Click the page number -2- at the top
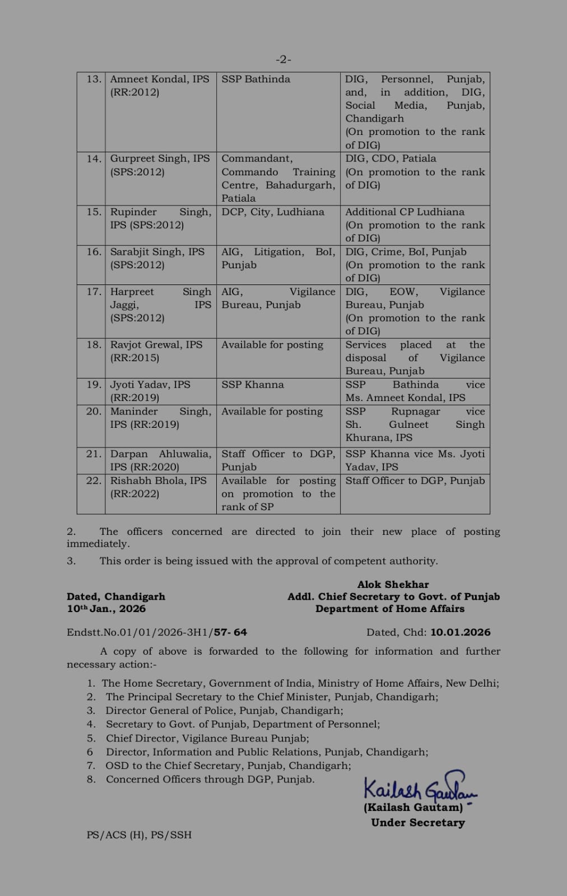283,59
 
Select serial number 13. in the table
94,79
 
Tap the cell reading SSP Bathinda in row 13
256,79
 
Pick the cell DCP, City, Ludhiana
273,212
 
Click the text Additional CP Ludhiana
405,212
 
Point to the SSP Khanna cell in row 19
253,385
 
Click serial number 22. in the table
94,480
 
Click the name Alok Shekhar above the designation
393,584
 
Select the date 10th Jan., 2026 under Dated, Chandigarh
106,609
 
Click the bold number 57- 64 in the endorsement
230,632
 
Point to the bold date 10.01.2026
460,632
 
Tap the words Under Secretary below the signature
417,823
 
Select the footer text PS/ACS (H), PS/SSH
139,834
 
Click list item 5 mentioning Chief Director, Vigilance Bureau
207,738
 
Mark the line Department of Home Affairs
390,609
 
